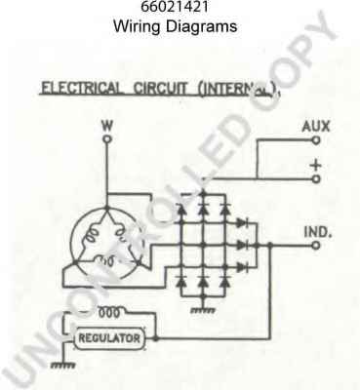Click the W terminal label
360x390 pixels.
[107, 126]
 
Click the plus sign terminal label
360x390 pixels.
[315, 166]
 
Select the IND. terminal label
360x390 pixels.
[317, 233]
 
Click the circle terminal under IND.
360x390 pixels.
[314, 247]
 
